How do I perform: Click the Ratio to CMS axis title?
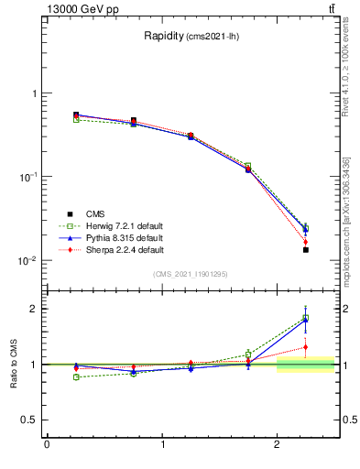[x=16, y=365]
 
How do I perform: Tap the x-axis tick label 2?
[x=278, y=445]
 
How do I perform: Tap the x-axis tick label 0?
[x=47, y=445]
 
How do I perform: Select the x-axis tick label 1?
[x=162, y=445]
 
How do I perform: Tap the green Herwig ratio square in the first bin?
[x=76, y=376]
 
